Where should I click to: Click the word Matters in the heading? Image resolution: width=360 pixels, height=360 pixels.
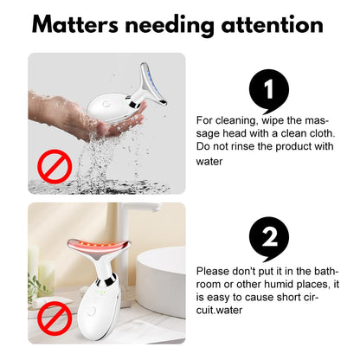coord(75,24)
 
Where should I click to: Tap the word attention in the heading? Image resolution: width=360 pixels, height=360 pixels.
coord(273,24)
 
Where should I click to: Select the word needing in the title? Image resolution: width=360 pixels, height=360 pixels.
coord(170,26)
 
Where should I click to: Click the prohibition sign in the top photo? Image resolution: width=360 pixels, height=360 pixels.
coord(55,166)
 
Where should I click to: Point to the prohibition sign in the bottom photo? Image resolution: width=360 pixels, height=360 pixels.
coord(55,318)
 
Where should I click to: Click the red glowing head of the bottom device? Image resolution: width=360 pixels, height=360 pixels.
coord(99,246)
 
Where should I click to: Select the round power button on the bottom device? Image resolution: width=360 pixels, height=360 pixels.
coord(91,312)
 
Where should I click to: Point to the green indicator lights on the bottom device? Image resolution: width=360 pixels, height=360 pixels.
coord(102,292)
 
